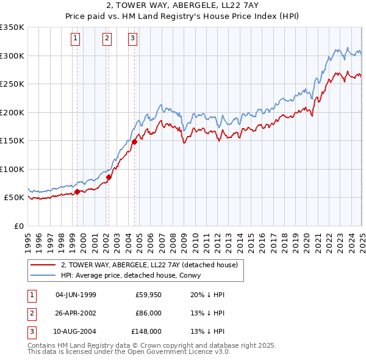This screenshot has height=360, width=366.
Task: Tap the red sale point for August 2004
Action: pos(134,142)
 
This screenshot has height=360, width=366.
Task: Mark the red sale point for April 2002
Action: pos(109,178)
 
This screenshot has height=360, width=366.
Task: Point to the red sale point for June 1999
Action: pos(77,192)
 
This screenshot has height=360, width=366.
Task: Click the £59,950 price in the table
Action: pos(148,295)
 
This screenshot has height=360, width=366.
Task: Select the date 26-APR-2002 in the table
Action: pos(76,313)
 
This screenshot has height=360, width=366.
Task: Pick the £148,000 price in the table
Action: pos(146,331)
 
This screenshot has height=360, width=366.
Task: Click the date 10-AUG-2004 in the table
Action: pos(76,331)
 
